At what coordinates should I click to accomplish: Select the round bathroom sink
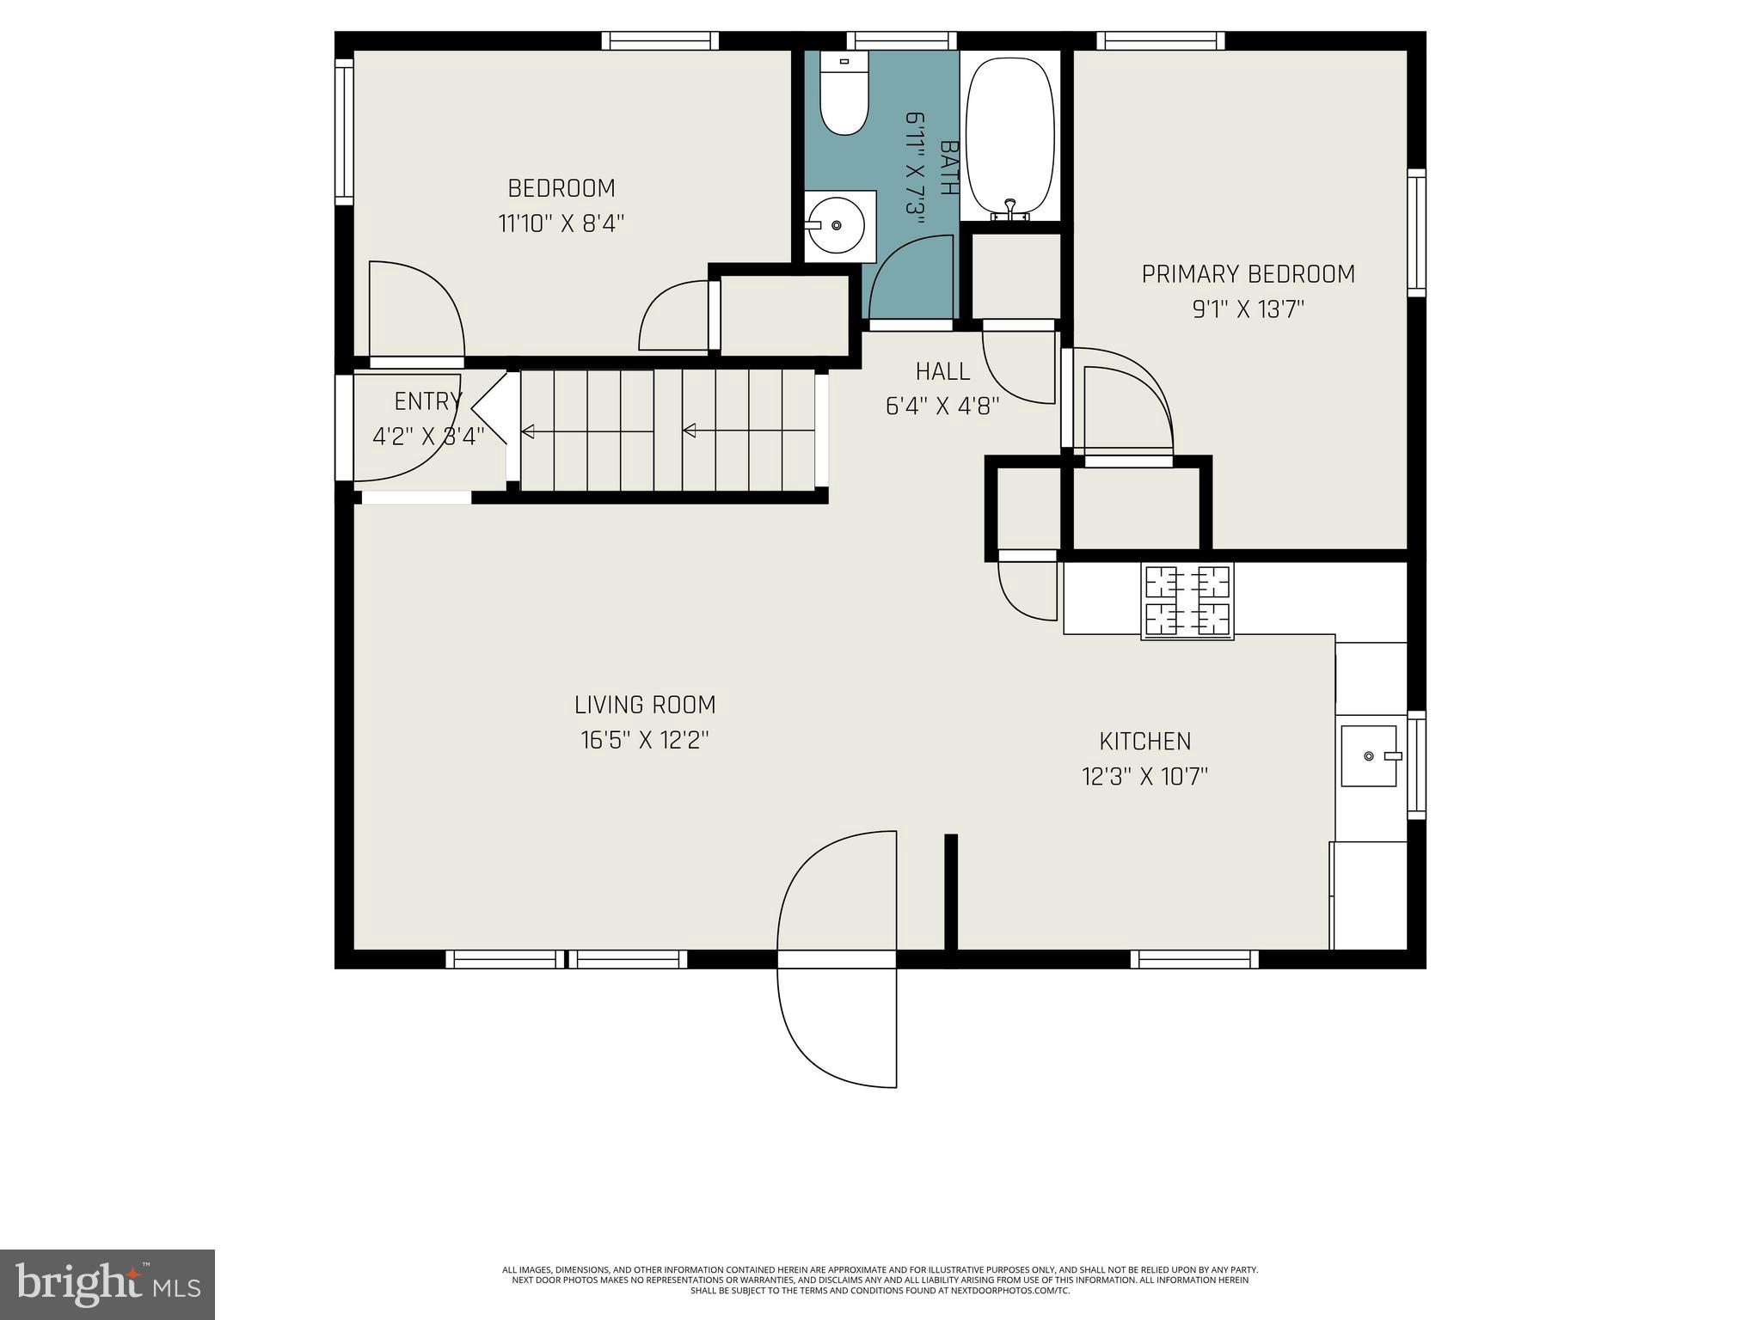coord(837,226)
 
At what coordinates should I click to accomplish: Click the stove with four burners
coord(1187,601)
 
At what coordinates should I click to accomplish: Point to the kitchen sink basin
coord(1369,755)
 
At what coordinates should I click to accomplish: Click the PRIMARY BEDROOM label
coord(1248,274)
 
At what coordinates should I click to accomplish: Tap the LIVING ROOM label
coord(645,705)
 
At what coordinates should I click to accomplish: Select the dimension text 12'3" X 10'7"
coord(1144,777)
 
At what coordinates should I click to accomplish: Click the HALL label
coord(942,371)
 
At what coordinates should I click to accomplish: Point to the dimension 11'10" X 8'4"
coord(561,223)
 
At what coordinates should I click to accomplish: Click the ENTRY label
coord(427,401)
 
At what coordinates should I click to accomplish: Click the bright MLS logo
coord(107,1285)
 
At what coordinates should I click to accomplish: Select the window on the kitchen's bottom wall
coord(1193,959)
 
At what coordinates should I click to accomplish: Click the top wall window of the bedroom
coord(660,40)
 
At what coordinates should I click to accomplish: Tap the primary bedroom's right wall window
coord(1415,233)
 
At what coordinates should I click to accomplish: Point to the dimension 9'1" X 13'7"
coord(1248,309)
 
